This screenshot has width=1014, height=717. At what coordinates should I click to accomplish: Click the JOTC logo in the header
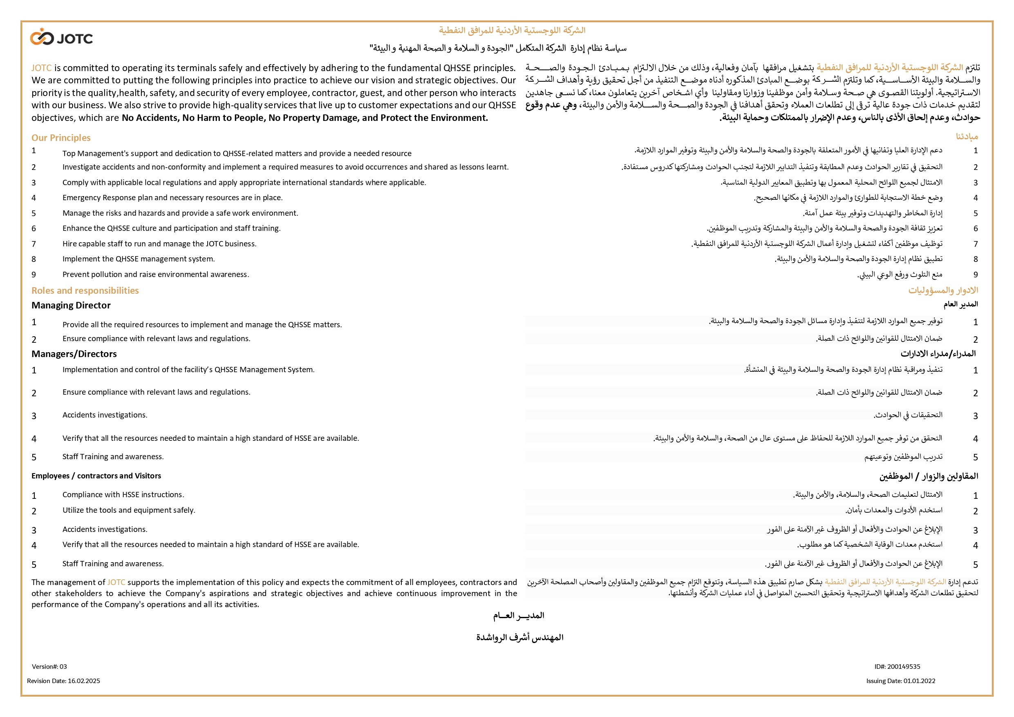pyautogui.click(x=61, y=38)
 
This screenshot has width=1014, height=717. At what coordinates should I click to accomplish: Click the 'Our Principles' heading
pyautogui.click(x=61, y=138)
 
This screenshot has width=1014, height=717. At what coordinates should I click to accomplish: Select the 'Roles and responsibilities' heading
pyautogui.click(x=85, y=290)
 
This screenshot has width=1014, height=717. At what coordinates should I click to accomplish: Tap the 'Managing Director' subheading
pyautogui.click(x=71, y=306)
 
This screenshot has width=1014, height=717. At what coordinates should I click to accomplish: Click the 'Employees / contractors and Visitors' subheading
pyautogui.click(x=96, y=476)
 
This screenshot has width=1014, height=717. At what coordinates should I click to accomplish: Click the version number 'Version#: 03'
pyautogui.click(x=49, y=667)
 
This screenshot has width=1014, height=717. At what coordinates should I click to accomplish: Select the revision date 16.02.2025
pyautogui.click(x=64, y=681)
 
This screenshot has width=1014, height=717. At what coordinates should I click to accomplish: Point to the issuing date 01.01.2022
pyautogui.click(x=901, y=681)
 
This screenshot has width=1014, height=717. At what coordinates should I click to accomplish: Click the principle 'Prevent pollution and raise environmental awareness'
pyautogui.click(x=155, y=275)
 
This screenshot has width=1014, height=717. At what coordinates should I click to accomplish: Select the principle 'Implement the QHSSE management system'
pyautogui.click(x=139, y=259)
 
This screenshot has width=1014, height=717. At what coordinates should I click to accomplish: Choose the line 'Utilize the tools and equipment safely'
pyautogui.click(x=128, y=510)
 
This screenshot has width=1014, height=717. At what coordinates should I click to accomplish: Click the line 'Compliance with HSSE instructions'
pyautogui.click(x=123, y=495)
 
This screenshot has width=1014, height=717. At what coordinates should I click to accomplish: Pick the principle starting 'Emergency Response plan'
pyautogui.click(x=172, y=198)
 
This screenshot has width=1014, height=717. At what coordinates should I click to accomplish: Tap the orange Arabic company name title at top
pyautogui.click(x=512, y=31)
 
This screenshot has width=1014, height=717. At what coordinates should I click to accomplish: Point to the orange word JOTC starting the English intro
pyautogui.click(x=41, y=68)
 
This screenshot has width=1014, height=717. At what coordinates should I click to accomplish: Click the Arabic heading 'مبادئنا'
pyautogui.click(x=967, y=137)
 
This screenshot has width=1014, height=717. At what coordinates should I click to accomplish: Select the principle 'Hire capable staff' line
pyautogui.click(x=159, y=244)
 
